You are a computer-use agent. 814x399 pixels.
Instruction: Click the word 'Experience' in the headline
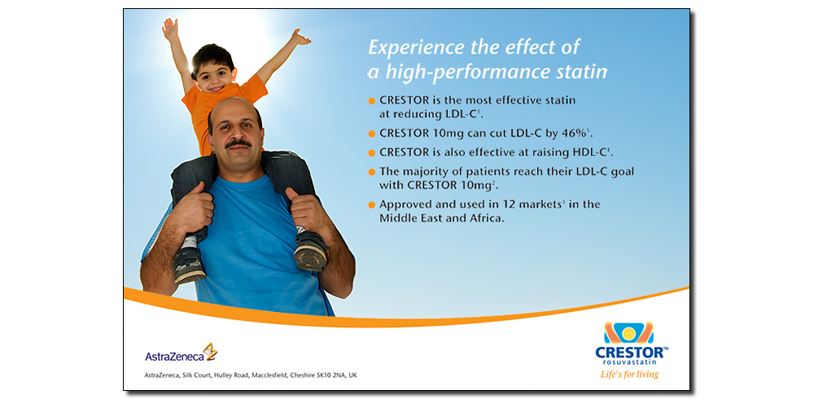416,48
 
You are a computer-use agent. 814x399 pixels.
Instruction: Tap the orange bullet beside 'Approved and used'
372,204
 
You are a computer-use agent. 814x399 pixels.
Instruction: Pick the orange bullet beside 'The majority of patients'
372,172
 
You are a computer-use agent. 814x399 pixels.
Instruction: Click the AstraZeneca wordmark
174,357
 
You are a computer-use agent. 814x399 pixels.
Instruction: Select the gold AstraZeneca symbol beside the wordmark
210,351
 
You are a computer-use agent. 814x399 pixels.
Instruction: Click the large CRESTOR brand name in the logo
628,353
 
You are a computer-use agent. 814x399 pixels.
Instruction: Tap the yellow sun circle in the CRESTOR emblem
628,333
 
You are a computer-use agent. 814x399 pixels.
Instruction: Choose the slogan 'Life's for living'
629,374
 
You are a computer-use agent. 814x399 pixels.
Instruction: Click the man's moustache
239,142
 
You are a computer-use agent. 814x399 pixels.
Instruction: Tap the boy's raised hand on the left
170,29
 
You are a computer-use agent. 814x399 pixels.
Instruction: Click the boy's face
213,75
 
